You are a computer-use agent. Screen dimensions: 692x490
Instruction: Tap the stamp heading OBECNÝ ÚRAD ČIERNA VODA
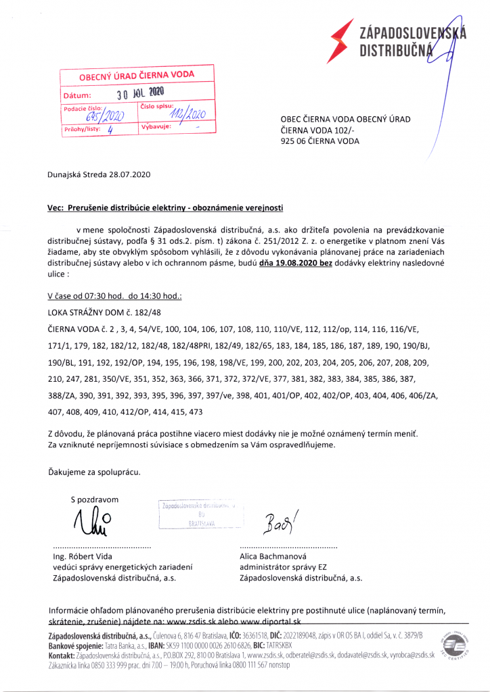(137, 76)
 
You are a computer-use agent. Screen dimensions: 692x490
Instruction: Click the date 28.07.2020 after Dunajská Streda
(128, 174)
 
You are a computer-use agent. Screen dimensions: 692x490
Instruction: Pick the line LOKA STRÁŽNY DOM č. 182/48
(104, 312)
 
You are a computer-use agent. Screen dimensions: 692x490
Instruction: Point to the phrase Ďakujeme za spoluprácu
(94, 471)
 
